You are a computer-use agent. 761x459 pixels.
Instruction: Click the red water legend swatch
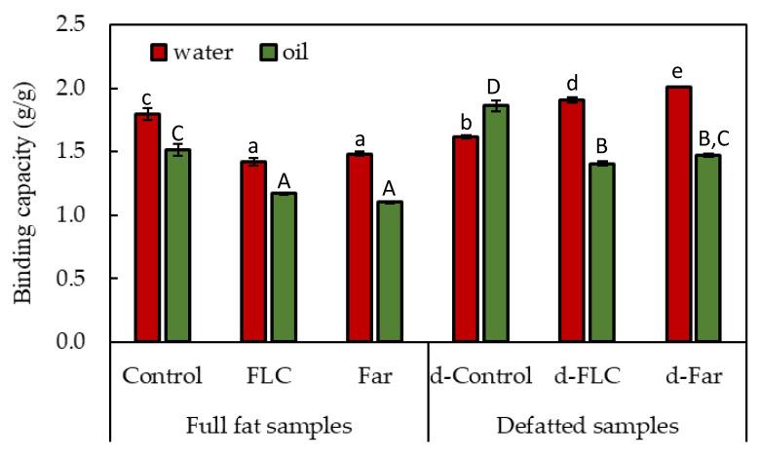pos(159,53)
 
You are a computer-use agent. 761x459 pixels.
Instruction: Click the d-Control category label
pos(480,376)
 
